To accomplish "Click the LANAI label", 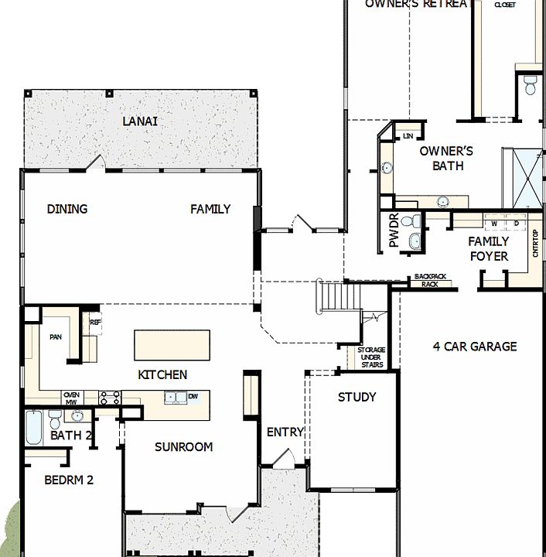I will (x=140, y=121).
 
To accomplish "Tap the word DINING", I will (x=67, y=209).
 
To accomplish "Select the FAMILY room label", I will (x=210, y=209).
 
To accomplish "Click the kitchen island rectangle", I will (x=172, y=345).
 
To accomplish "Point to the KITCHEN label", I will (x=162, y=375).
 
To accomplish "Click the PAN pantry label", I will (x=56, y=337).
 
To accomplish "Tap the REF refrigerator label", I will (x=96, y=323).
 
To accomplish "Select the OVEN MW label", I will (x=72, y=398).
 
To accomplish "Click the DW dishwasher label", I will (x=193, y=397).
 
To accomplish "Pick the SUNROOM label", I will (x=183, y=447).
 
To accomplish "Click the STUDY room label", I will (x=357, y=398).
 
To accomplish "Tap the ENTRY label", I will (x=285, y=432).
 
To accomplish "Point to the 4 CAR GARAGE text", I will (x=475, y=347).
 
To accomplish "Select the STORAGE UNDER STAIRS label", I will (x=371, y=357).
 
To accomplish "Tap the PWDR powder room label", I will (x=394, y=231).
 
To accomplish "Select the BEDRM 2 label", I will (x=69, y=480).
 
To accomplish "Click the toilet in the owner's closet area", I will (x=531, y=85).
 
